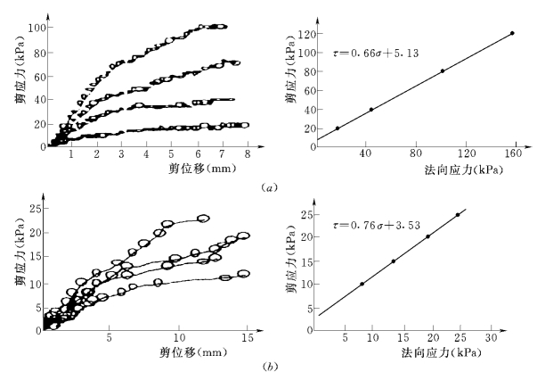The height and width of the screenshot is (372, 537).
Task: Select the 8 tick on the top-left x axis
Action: coord(247,155)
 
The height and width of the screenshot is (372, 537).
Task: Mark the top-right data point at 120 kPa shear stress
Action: coord(512,34)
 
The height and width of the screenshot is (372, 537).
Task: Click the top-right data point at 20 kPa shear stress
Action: coord(338,128)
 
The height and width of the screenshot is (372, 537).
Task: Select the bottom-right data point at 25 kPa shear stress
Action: coord(458,215)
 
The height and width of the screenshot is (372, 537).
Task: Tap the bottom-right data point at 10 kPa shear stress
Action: coord(362,284)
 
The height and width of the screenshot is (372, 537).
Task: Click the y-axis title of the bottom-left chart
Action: coord(16,265)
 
